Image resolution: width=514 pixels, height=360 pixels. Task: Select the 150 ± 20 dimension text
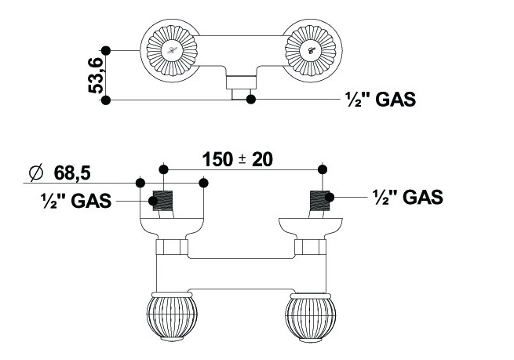[x=237, y=158]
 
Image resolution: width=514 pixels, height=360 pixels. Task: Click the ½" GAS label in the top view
[x=379, y=100]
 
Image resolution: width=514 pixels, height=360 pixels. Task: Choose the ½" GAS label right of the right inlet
[x=407, y=196]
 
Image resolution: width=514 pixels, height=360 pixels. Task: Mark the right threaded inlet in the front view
[x=320, y=199]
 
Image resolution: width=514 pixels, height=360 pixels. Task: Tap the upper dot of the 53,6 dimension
[x=107, y=50]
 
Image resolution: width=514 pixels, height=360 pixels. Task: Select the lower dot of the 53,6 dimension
[x=107, y=100]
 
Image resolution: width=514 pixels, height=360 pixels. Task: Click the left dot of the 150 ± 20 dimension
[x=163, y=169]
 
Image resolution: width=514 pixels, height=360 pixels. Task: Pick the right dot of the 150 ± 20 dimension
[x=322, y=169]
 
